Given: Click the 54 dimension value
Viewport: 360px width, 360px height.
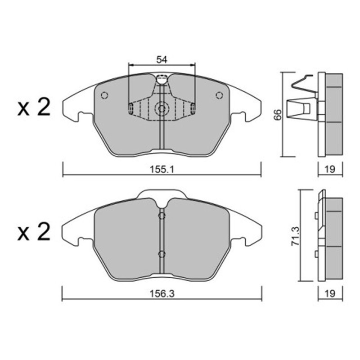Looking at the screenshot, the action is click(x=162, y=60).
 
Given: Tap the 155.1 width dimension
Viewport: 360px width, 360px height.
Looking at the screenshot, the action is click(x=162, y=170).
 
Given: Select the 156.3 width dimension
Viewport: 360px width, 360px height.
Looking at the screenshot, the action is click(x=162, y=294).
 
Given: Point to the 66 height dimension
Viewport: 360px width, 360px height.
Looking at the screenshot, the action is click(x=278, y=114).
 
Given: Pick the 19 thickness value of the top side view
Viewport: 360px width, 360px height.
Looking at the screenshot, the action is click(x=330, y=170).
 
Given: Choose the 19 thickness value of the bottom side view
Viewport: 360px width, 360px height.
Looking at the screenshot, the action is click(x=330, y=293).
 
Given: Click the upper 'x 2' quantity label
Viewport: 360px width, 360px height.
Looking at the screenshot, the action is click(x=34, y=107).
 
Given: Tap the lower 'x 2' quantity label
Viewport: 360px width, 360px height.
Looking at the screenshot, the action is click(x=34, y=232).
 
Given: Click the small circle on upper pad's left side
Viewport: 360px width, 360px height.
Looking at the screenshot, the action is click(x=105, y=95).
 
